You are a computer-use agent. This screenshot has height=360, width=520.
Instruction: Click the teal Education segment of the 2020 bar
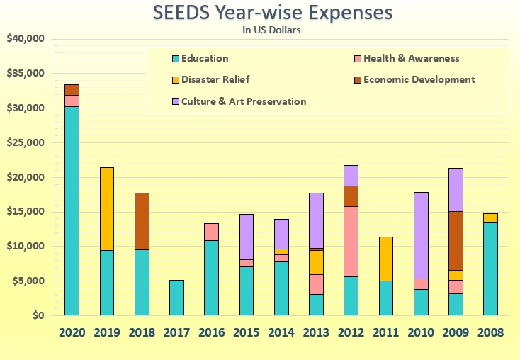tap(72, 210)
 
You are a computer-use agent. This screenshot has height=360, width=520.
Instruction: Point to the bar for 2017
tap(176, 298)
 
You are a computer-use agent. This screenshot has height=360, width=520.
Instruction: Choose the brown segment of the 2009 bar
tap(456, 241)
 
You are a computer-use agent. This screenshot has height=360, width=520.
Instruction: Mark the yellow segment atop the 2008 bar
tap(490, 218)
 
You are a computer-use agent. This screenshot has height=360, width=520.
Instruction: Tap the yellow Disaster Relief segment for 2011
tap(385, 259)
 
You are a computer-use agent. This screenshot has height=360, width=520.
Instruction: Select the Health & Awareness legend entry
tap(405, 58)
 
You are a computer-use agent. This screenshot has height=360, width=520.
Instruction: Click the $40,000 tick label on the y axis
tap(26, 38)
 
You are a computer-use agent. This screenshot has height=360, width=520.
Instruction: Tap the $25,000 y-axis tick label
tap(26, 142)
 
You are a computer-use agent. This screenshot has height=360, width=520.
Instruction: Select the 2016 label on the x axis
tap(211, 332)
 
